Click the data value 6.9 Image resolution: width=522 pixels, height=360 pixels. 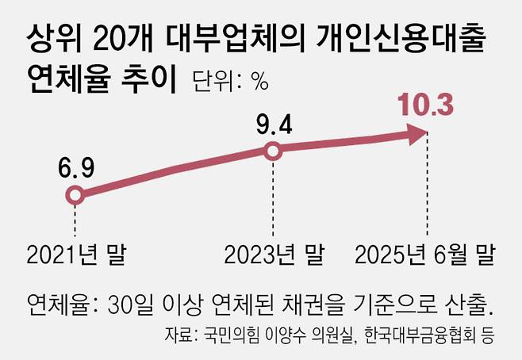[75, 168]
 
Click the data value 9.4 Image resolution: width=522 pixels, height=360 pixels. [273, 124]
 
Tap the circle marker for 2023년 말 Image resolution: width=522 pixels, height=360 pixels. [273, 151]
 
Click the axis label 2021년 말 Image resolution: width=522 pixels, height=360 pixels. [77, 255]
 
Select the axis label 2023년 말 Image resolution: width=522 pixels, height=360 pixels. [274, 255]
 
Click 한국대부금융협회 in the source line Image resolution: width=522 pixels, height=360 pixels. [423, 334]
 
